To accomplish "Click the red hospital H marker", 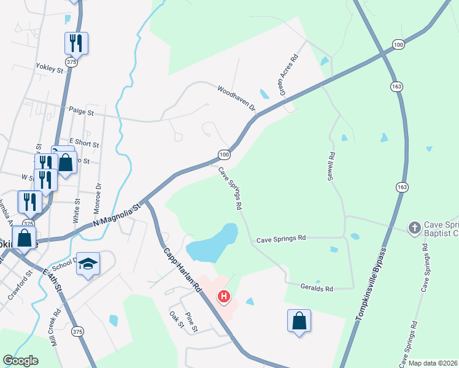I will (x=225, y=297).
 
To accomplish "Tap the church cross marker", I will (x=415, y=228).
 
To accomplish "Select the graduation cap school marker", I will (x=88, y=264).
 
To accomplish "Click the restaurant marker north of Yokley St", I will (x=76, y=43).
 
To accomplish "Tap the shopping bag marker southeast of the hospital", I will (x=299, y=321).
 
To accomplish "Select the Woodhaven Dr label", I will (x=236, y=98).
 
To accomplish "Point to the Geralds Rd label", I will (x=317, y=288).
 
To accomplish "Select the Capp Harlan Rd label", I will (x=182, y=269).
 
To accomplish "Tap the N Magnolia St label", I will (x=117, y=215).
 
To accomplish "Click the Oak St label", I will (x=177, y=320).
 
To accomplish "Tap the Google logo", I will (x=20, y=361).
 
